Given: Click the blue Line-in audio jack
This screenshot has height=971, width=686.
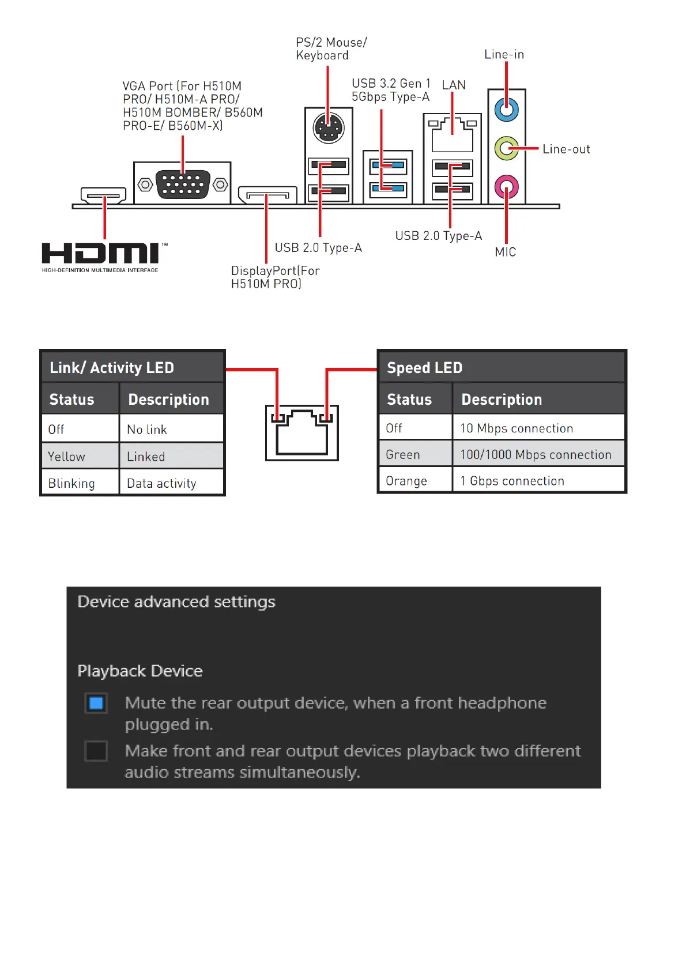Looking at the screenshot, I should [506, 110].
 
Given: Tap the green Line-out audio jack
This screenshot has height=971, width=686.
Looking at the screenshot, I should [506, 149].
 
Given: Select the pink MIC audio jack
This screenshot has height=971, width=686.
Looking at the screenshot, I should [506, 187].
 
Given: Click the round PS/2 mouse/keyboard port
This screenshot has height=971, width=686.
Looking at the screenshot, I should [328, 128].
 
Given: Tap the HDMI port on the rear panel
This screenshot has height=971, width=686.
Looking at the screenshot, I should [104, 195].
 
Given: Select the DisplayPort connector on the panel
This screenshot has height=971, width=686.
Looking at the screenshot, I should [267, 195].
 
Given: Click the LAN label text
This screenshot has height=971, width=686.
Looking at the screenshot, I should [454, 85].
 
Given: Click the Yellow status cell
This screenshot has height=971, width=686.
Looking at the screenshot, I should [80, 457].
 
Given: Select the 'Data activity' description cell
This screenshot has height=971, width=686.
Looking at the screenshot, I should [171, 483].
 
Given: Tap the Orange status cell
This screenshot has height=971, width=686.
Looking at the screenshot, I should [415, 481].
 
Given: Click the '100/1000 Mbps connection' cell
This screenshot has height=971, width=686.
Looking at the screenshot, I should [538, 454].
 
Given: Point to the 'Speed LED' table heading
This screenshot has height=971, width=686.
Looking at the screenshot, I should [425, 368].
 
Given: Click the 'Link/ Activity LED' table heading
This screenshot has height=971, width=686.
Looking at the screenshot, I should [112, 368].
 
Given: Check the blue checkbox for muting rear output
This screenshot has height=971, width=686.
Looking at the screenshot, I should [96, 703].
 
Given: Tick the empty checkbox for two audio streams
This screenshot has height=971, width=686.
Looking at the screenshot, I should [96, 751].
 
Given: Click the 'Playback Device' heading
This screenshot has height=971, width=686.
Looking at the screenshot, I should [140, 671].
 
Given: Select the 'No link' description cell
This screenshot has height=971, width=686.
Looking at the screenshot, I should [171, 430].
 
